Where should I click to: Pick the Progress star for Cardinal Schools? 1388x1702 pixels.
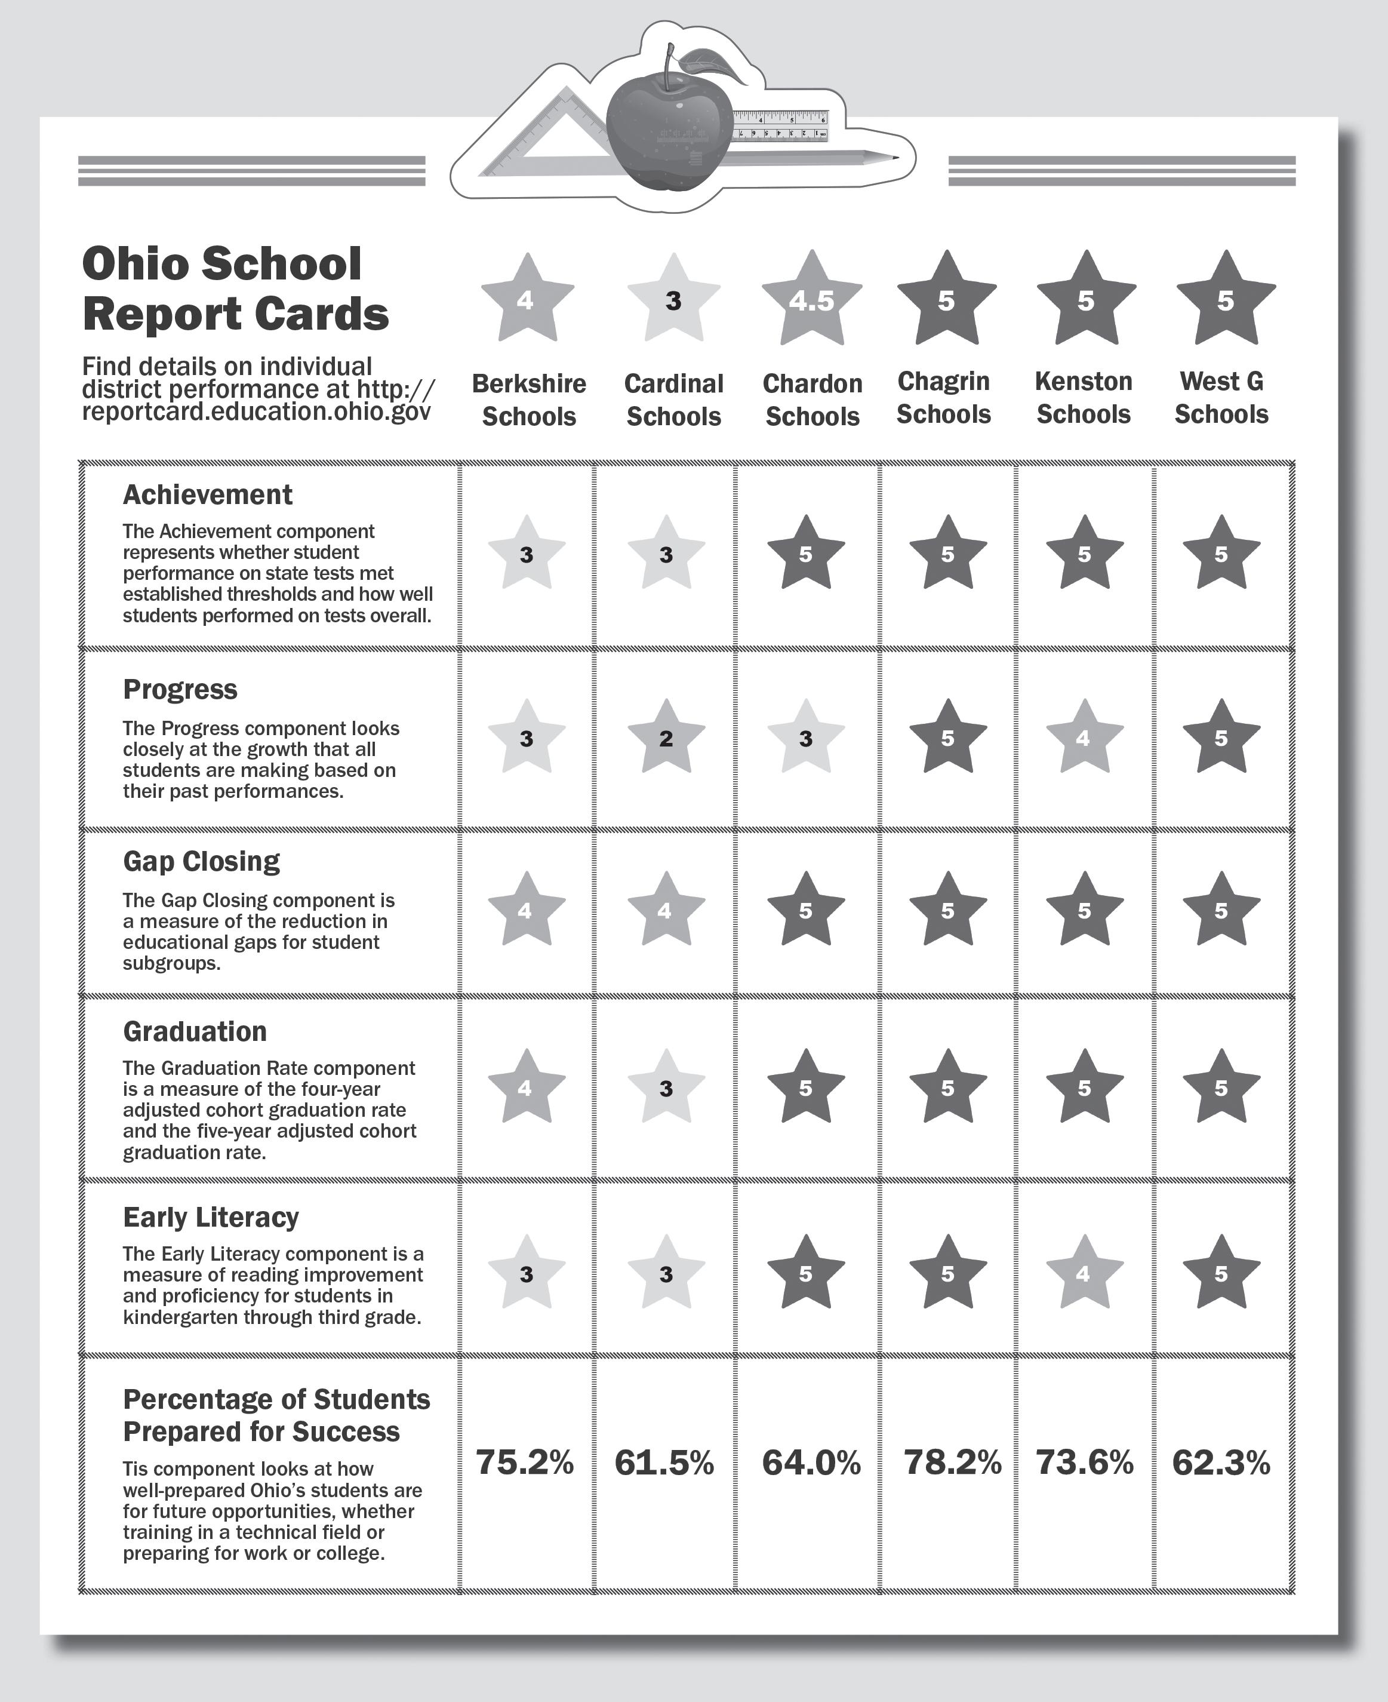(666, 738)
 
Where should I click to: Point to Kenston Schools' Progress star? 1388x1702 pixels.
(1084, 738)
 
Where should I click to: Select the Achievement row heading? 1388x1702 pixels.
(208, 495)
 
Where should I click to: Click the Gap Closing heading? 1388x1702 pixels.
(202, 861)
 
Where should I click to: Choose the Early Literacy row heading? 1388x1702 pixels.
(211, 1217)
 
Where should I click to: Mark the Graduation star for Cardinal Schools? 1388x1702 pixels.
(666, 1087)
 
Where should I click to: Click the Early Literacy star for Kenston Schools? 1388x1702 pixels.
(1084, 1273)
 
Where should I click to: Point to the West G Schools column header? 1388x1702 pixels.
(1221, 398)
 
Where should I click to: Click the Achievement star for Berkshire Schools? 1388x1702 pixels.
(526, 554)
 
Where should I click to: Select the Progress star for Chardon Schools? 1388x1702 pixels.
(806, 738)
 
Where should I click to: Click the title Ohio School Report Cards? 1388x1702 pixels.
(235, 288)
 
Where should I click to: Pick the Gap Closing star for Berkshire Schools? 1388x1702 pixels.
(526, 910)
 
